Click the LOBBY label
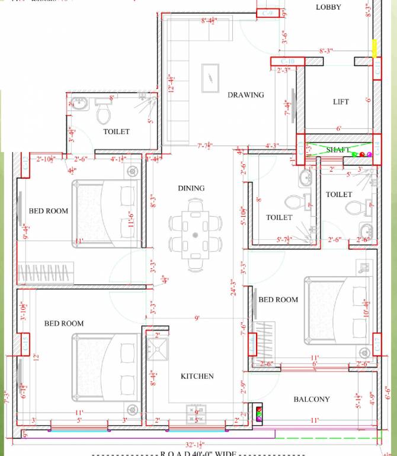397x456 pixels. (x=328, y=7)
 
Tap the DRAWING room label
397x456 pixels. (x=245, y=95)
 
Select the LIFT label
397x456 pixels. (x=341, y=102)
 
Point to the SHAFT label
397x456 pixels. (x=338, y=150)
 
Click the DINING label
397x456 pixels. (x=191, y=188)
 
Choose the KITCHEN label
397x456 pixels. (x=197, y=376)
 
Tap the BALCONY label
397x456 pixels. (x=312, y=400)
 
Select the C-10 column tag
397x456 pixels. (x=287, y=61)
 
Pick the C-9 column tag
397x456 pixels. (x=267, y=12)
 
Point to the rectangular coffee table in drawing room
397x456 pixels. (x=211, y=76)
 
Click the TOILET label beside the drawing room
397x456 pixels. (x=116, y=132)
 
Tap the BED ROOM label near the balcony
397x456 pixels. (x=278, y=300)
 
